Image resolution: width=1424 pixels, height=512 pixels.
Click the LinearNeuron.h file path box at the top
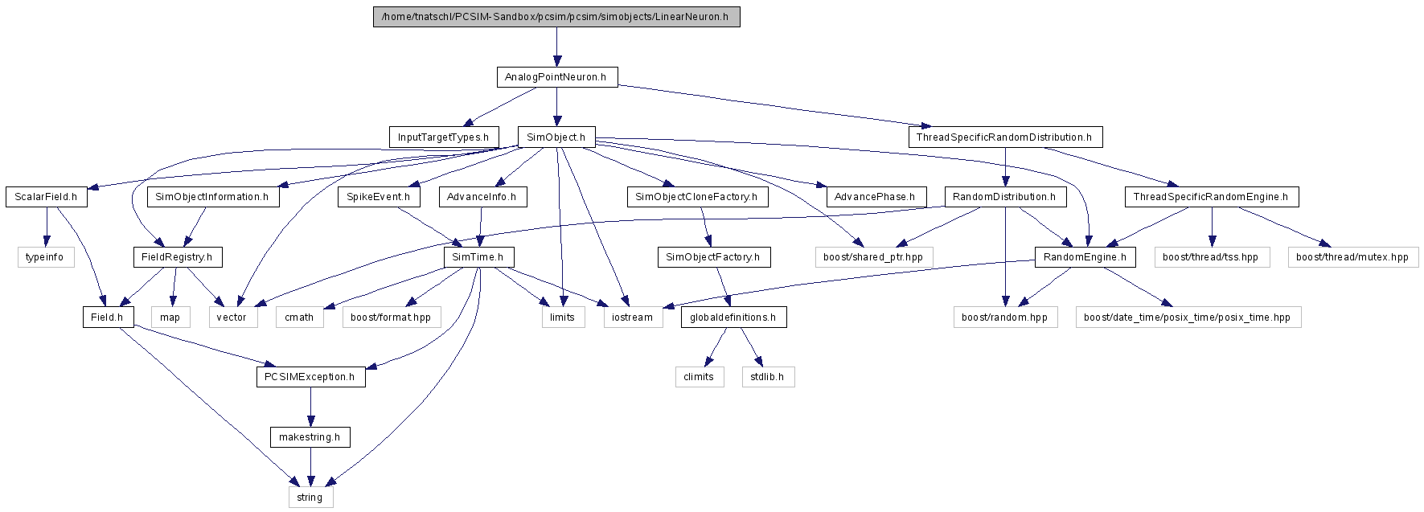(556, 17)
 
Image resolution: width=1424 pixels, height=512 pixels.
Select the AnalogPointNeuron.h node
(556, 77)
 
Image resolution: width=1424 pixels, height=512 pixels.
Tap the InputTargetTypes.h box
(443, 137)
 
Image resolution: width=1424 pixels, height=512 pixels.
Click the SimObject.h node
(556, 137)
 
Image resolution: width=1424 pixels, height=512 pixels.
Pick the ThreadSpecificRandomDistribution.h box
(1005, 137)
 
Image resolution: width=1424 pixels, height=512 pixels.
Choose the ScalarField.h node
(46, 197)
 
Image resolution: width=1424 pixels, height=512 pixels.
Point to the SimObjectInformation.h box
(212, 197)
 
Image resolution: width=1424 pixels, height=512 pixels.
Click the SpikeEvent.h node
(379, 197)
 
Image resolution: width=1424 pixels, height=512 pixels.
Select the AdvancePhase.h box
(875, 197)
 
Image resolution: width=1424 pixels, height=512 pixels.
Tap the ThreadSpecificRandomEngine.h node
(1211, 197)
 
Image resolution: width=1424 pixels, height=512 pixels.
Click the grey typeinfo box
(45, 257)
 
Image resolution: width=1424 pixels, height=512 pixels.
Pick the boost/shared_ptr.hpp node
(873, 257)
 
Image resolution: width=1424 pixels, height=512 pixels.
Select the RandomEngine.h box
(1085, 257)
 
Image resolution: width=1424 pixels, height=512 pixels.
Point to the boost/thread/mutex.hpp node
(1352, 257)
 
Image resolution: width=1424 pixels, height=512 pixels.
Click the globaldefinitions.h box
(733, 317)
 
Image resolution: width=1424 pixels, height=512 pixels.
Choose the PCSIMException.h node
(310, 377)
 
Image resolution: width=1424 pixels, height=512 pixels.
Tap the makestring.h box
(310, 437)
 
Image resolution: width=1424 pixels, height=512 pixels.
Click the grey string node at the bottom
(310, 498)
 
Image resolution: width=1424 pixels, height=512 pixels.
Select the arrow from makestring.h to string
(310, 467)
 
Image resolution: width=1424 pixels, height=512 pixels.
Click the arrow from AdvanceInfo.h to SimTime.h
(481, 227)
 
